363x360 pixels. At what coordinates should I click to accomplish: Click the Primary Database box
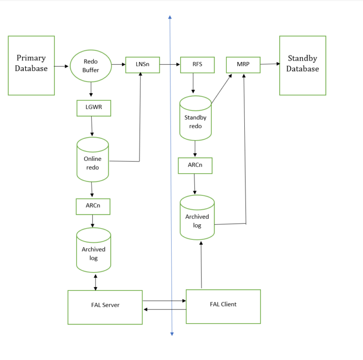click(x=31, y=65)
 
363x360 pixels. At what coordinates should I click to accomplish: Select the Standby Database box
click(x=302, y=65)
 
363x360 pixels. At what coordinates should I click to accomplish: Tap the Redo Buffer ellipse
click(x=91, y=66)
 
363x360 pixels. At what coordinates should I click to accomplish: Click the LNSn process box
click(x=142, y=65)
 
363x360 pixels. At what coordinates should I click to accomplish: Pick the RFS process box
click(x=197, y=65)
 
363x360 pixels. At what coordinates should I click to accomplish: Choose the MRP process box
click(x=243, y=65)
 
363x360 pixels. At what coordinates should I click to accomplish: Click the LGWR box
click(x=94, y=108)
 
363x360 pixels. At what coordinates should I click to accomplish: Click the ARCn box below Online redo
click(x=93, y=206)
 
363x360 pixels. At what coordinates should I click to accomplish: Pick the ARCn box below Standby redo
click(x=195, y=166)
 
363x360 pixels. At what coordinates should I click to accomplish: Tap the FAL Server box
click(x=105, y=307)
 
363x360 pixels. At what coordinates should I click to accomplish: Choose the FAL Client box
click(x=223, y=306)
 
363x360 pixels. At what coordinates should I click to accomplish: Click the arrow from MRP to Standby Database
click(x=270, y=64)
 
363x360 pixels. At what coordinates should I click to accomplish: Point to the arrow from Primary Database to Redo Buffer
click(x=62, y=66)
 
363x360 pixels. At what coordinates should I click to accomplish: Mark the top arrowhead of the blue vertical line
click(x=170, y=18)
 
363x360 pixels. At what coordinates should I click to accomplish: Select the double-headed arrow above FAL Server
click(x=96, y=281)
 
